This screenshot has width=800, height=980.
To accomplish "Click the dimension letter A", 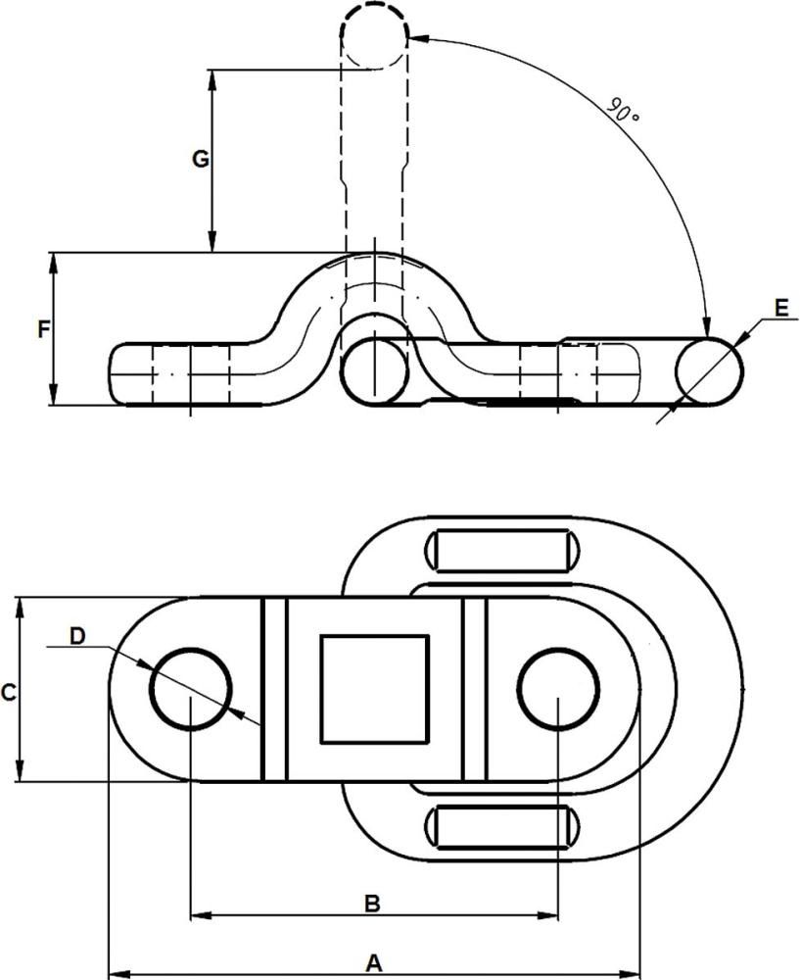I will [x=372, y=963].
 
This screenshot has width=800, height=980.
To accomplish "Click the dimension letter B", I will [x=372, y=904].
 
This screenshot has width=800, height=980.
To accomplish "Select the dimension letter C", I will [x=8, y=693].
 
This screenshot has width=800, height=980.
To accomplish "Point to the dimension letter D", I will [x=77, y=636].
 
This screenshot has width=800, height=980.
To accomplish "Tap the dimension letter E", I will [x=780, y=307].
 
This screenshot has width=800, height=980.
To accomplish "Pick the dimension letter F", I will [x=43, y=329].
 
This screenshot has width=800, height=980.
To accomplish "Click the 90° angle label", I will [x=622, y=110].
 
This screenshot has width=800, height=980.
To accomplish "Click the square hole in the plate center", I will [x=374, y=688].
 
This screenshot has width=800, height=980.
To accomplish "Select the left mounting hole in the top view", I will [x=190, y=688].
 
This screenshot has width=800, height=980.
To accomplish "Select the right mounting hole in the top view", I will [x=558, y=688].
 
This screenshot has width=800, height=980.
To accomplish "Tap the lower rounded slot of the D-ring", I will [x=500, y=827].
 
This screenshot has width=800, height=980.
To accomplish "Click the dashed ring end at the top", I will [x=373, y=34].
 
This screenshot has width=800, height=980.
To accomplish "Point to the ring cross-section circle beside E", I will [x=710, y=371].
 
